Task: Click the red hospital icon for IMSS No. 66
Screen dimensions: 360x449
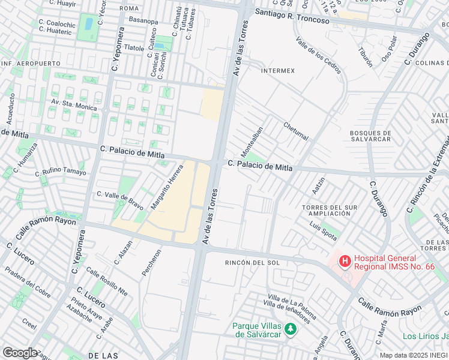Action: tap(345, 261)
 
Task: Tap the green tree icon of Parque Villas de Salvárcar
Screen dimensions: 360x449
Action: tap(290, 329)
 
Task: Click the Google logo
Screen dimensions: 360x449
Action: tap(20, 352)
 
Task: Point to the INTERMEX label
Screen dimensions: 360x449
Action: tap(278, 70)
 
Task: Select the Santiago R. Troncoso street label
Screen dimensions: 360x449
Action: tap(292, 16)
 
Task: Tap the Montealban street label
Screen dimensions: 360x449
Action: tap(252, 139)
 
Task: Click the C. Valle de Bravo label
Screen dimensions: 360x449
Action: tap(120, 200)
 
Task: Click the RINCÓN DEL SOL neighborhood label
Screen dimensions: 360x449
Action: tap(252, 263)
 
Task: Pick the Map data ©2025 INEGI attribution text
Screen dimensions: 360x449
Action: tap(413, 355)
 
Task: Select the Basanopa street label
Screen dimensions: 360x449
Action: tap(143, 21)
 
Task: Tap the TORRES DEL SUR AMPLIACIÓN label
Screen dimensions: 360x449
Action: tap(330, 210)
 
